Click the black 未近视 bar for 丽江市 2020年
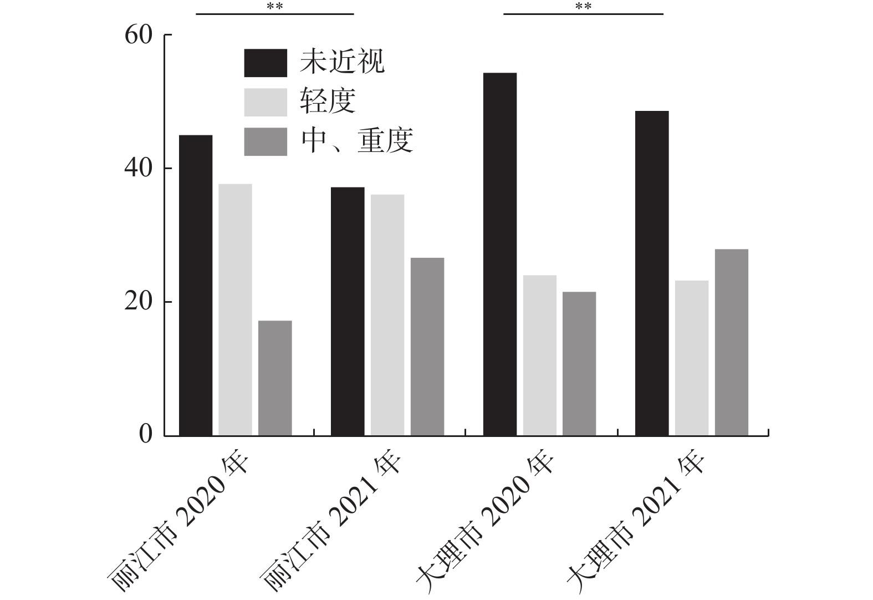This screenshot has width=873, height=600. point(195,285)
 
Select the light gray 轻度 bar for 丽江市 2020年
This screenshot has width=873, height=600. point(235,309)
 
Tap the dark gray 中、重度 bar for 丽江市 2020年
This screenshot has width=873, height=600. point(275,378)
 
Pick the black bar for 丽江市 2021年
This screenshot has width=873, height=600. point(348,311)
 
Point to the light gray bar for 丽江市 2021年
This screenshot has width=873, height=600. point(387,315)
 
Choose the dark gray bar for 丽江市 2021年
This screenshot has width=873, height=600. point(427,347)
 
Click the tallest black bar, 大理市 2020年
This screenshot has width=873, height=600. point(500,254)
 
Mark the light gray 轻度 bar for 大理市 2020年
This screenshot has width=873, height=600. point(540,355)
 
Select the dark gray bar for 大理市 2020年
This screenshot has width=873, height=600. point(579,363)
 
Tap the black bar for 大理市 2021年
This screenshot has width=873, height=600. point(652,273)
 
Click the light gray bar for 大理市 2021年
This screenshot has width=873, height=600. point(692,358)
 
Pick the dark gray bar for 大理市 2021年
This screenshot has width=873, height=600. point(732,342)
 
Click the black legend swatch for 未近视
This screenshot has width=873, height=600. point(266,63)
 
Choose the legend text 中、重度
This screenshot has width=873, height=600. point(358,141)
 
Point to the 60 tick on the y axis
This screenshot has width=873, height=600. point(138,35)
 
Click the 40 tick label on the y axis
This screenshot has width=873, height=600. point(138,169)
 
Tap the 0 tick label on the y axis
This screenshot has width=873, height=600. point(145,435)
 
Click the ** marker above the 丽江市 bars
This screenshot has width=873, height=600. point(275,7)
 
